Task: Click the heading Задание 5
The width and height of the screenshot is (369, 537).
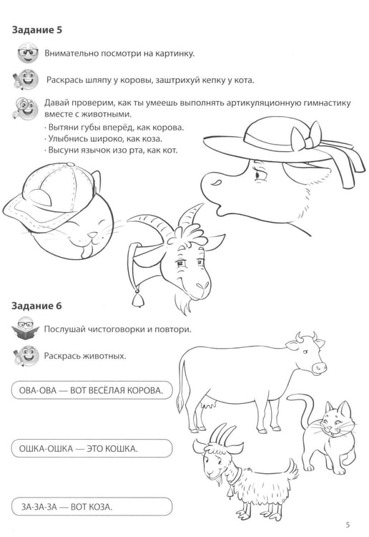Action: coord(37,30)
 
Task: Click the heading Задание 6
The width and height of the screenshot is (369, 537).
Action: coord(36,306)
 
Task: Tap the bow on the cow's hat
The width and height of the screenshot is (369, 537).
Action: coord(306,136)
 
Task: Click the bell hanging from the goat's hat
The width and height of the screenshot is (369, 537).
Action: coord(137,299)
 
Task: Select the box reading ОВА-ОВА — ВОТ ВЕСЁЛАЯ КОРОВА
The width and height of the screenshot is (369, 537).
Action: coord(92,390)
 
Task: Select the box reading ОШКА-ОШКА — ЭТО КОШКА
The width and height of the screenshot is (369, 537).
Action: coord(92,448)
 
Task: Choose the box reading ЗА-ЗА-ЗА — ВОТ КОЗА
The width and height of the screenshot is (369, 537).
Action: coord(92,506)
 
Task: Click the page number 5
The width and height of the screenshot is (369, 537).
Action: coord(348,524)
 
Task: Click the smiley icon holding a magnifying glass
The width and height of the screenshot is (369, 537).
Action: coord(25,108)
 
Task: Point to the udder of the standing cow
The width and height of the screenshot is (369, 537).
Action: coord(209,405)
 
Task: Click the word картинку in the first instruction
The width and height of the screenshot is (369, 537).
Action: coord(174,54)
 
